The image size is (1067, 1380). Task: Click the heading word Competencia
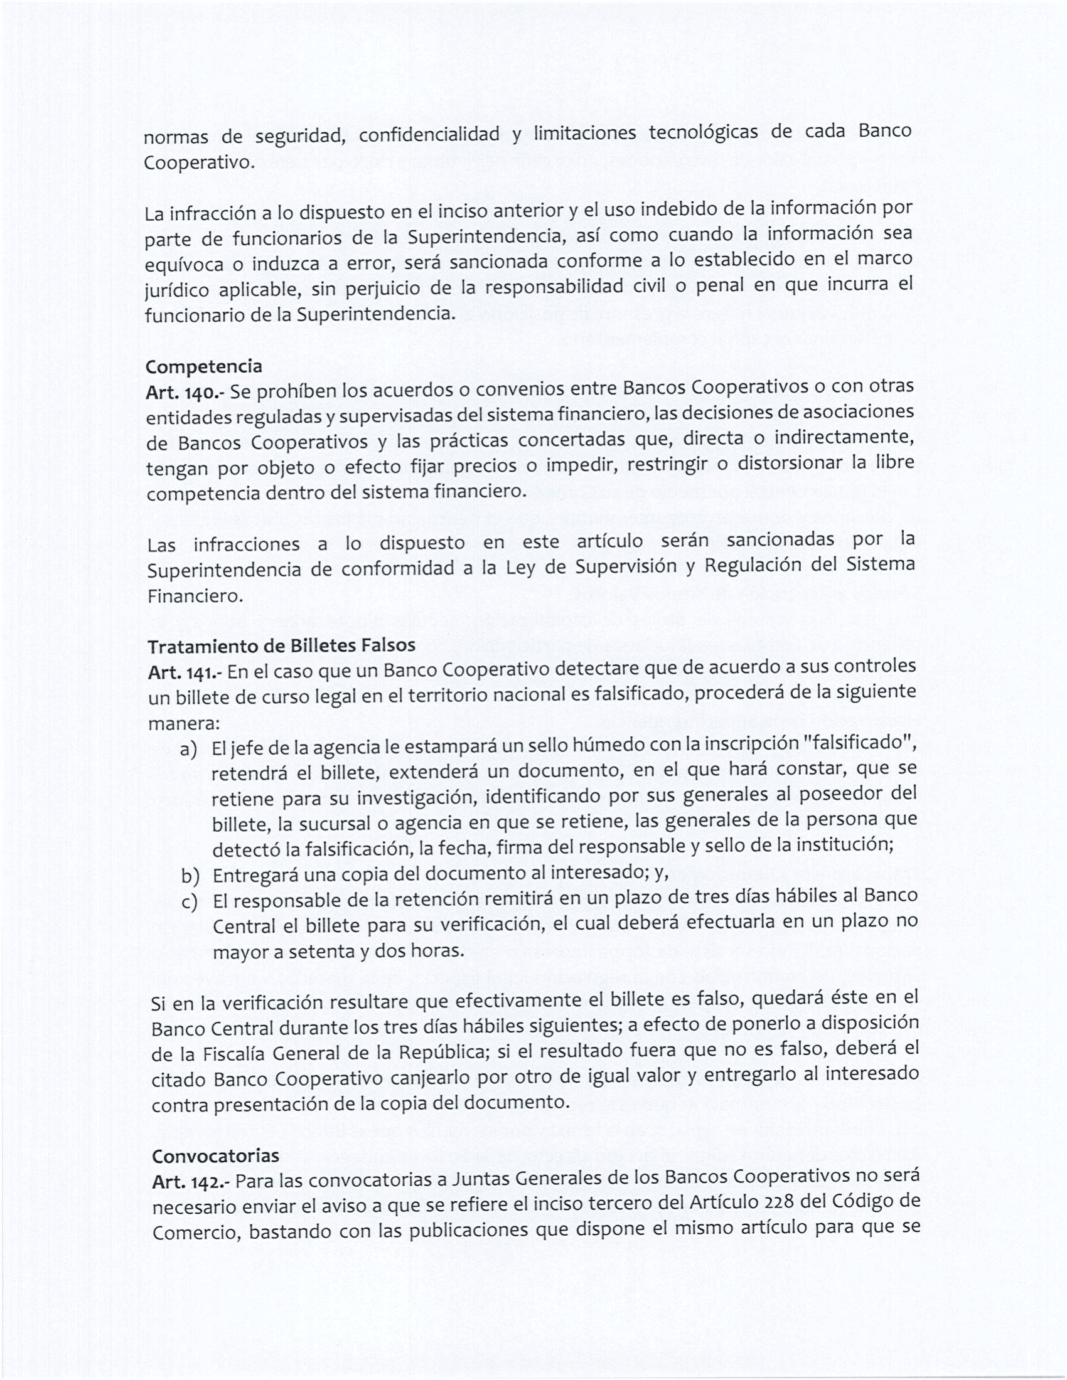(203, 366)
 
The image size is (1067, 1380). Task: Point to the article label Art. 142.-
(191, 1182)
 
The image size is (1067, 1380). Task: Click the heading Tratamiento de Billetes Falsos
(281, 645)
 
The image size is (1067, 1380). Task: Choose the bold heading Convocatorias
(215, 1155)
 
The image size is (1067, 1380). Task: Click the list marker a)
(188, 750)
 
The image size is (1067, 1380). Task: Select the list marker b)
(190, 875)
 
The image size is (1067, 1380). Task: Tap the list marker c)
(190, 901)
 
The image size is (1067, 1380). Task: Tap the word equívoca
(184, 264)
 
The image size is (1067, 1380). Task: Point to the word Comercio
(195, 1233)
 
